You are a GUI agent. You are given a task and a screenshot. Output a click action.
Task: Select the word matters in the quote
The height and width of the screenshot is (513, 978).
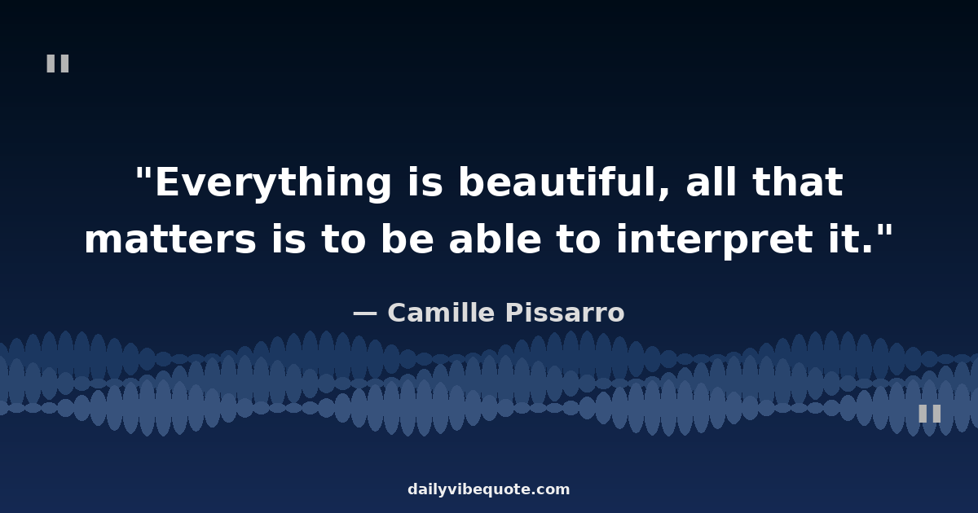[170, 239]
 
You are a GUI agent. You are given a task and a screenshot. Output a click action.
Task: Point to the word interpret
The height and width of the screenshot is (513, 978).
[715, 241]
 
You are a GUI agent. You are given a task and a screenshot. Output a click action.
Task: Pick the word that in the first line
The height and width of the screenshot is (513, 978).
[797, 182]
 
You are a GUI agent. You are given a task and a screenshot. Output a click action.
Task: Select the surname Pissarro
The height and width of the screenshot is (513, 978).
[565, 313]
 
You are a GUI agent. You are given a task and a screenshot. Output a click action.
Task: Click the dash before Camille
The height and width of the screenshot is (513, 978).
[365, 313]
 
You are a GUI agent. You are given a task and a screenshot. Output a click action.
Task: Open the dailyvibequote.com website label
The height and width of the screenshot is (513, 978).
[488, 489]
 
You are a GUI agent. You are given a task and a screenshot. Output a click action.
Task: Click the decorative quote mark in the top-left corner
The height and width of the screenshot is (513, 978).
[58, 64]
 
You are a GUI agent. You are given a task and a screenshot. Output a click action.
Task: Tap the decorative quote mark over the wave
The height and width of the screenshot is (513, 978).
[930, 413]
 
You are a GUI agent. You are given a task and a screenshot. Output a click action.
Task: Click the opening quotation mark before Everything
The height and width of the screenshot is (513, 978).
[143, 173]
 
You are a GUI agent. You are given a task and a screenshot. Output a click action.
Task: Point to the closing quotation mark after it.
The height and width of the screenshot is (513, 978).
[886, 231]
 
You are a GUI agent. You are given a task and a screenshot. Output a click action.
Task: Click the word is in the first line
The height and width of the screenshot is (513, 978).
[425, 182]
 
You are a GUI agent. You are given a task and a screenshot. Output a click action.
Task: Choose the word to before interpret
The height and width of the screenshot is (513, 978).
[578, 239]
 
